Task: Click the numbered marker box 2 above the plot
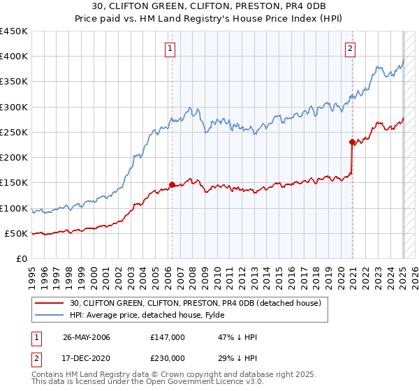[x=350, y=48]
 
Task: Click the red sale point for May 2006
[x=172, y=185]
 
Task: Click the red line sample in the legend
[x=49, y=303]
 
